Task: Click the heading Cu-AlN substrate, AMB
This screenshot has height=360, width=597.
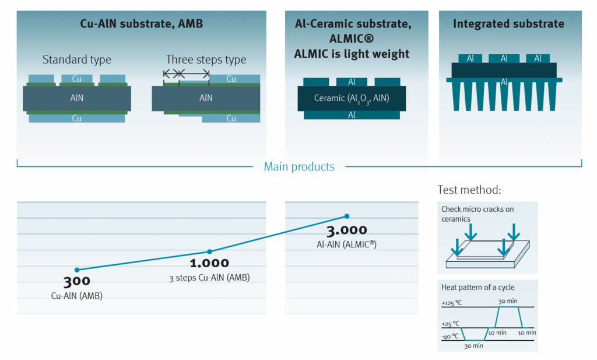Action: coord(141,25)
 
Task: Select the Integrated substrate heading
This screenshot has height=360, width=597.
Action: coord(508,24)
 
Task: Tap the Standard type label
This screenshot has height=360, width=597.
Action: coord(76,60)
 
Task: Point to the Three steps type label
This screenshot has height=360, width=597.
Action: coord(206,60)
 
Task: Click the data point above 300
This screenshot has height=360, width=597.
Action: coord(76,270)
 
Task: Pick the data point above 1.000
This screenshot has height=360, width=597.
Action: coord(210,251)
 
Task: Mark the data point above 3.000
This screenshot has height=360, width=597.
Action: coord(347,216)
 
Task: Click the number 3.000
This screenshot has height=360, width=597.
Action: coord(346,230)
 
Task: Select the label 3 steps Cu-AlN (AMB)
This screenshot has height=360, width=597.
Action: coord(209,278)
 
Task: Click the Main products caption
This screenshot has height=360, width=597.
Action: coord(299,167)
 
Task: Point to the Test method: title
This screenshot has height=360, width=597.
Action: coord(469,190)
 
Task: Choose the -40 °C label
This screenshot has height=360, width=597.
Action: coord(451,336)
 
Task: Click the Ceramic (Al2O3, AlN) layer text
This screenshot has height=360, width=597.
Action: coord(352,98)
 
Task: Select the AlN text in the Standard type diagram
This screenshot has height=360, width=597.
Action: coord(76,98)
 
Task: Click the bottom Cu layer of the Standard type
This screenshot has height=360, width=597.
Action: coord(76,118)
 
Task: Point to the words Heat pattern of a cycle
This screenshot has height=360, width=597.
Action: coord(478,288)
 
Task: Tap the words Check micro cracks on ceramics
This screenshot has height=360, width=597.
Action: coord(477,214)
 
